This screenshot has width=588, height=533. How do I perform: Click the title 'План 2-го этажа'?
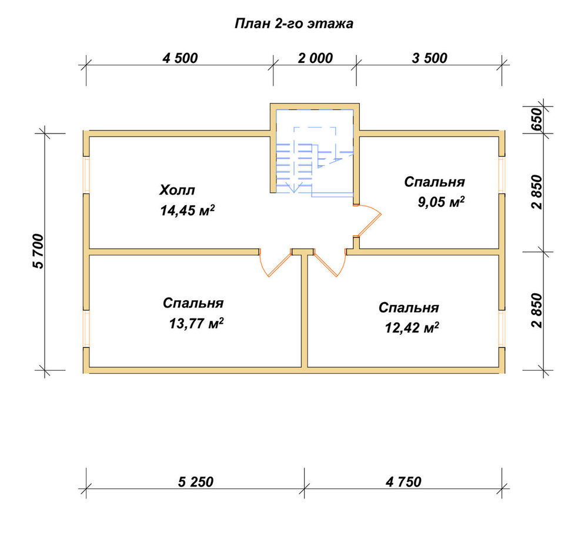(293, 24)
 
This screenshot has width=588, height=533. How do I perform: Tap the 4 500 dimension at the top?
(180, 58)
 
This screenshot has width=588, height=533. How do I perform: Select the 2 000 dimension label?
(315, 58)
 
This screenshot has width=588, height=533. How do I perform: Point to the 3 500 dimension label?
(430, 58)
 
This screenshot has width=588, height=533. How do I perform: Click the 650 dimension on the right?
(537, 119)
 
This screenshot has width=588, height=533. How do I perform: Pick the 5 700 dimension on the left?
(39, 251)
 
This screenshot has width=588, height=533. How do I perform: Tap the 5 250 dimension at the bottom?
(196, 482)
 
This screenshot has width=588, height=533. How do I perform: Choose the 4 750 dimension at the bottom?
(403, 482)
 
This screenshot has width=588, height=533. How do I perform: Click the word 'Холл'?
(177, 190)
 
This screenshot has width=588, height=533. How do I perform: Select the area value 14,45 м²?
(188, 210)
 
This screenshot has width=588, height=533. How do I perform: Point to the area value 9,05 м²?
(441, 202)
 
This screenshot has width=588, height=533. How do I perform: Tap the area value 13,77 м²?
(196, 323)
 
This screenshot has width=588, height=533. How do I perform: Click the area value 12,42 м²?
(412, 328)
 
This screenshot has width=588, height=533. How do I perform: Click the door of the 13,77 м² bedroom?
(276, 263)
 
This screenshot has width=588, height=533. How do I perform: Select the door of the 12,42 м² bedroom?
(330, 263)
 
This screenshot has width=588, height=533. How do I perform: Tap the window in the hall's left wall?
(86, 175)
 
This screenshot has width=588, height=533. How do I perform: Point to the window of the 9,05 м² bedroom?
(502, 175)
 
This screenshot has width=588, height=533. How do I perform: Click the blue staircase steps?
(295, 167)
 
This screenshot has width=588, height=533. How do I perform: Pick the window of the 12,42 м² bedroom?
(502, 328)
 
